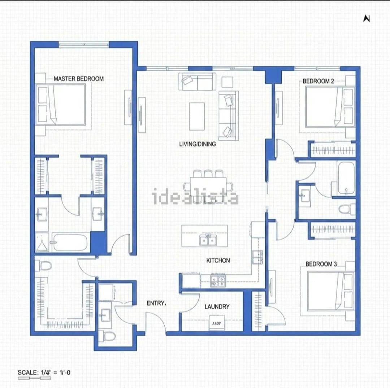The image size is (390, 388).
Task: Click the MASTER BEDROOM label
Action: pos(78,78)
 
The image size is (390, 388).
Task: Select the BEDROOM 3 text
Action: pos(321,264)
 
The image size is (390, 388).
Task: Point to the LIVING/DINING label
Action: pos(198,144)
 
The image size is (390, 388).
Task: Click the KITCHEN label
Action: pos(218,260)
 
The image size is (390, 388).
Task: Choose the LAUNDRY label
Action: pos(217,307)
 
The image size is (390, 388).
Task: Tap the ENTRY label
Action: pos(156,303)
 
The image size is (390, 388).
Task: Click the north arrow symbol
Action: pos(367,18)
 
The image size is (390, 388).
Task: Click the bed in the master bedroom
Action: pos(61,105)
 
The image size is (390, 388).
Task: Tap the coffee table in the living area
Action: pos(197,116)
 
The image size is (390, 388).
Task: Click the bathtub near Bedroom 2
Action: pos(346,178)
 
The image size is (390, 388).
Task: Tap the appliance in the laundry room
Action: pos(216,323)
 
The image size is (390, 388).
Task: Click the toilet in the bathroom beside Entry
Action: pos(108,336)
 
